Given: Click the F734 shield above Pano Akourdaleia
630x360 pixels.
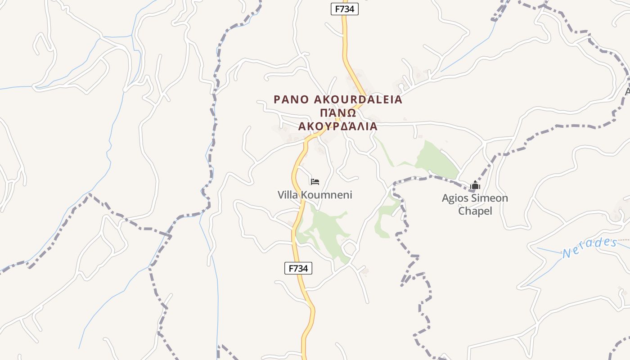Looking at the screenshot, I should point(344,9).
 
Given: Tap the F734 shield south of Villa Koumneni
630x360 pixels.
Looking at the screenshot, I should point(298,268).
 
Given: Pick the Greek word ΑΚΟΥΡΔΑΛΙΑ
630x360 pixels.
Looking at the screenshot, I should point(337,126).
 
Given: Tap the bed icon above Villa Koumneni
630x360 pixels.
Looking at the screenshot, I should point(315,181).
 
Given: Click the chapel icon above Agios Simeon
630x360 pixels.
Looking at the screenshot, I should point(475,185).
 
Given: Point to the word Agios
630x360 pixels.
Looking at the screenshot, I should point(455,198).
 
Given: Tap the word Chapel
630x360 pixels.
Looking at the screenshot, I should point(475,211).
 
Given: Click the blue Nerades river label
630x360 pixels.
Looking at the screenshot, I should point(589,247).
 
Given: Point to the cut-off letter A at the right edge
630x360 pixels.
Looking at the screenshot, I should point(627,91).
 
